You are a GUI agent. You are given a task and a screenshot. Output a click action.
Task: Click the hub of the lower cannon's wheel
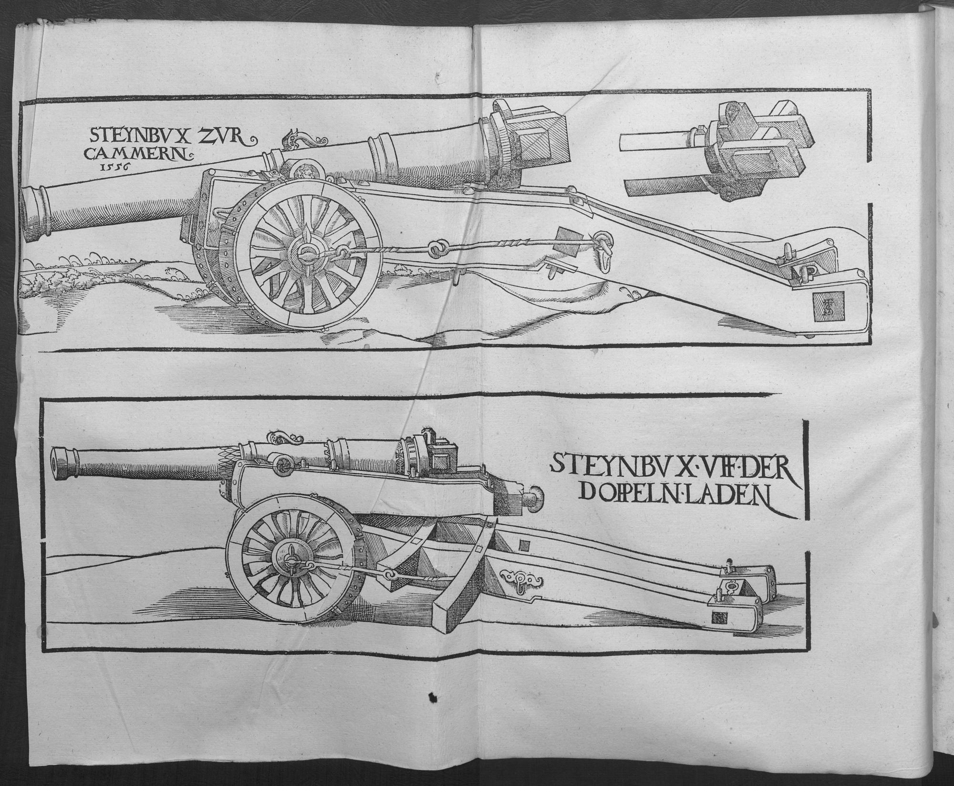[x=290, y=561]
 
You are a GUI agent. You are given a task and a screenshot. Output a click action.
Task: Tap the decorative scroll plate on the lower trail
[x=520, y=579]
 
